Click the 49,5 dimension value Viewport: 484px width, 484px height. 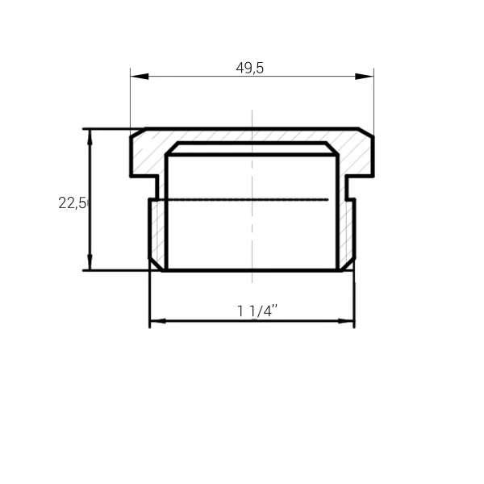point(250,68)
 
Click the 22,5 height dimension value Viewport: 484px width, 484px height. point(73,203)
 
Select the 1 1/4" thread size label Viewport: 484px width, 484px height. point(257,311)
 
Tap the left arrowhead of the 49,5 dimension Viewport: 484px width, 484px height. point(140,77)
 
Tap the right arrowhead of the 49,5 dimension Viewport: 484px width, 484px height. point(365,77)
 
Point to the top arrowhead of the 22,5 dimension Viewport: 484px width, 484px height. point(90,137)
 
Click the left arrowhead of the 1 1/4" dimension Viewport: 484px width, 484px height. point(158,321)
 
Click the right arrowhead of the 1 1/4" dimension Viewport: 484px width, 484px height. point(346,321)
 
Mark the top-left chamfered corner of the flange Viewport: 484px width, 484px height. point(138,131)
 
